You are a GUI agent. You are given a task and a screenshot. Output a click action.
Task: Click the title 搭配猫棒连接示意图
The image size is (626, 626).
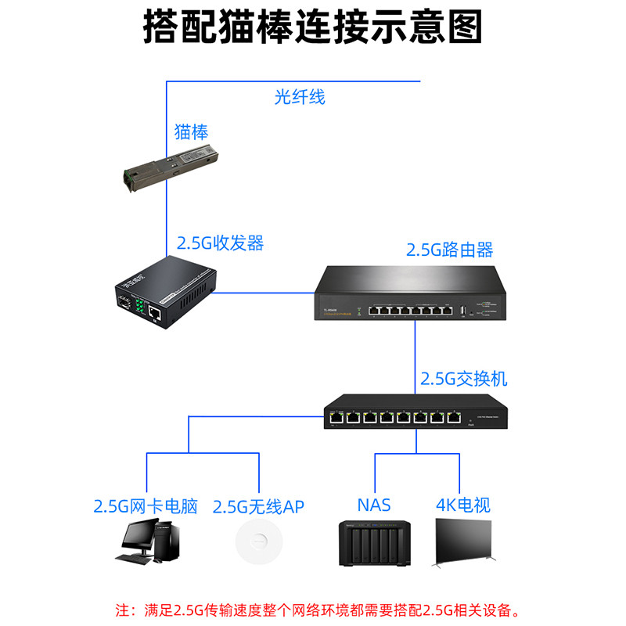point(313,29)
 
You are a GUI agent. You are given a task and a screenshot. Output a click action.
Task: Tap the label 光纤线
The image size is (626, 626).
point(300,98)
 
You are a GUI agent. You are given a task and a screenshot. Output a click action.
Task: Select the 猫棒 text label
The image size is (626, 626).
point(191,131)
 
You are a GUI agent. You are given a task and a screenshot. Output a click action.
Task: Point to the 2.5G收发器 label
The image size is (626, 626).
point(220,243)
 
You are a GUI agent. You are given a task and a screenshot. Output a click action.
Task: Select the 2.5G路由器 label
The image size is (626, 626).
point(449,250)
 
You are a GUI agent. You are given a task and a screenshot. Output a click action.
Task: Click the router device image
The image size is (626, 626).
point(411,293)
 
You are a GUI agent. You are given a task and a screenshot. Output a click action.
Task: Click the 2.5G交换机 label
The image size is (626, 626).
point(464,379)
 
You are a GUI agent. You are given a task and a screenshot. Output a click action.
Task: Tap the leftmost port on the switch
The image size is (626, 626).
point(335,418)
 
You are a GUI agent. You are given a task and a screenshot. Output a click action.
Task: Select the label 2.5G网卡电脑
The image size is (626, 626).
point(146,506)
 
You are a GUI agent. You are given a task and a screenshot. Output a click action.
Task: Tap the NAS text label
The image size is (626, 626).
point(373,505)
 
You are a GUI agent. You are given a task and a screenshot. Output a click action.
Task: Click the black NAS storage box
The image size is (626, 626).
point(373,542)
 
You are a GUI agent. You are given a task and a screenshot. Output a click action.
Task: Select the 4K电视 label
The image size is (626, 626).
point(462,505)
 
